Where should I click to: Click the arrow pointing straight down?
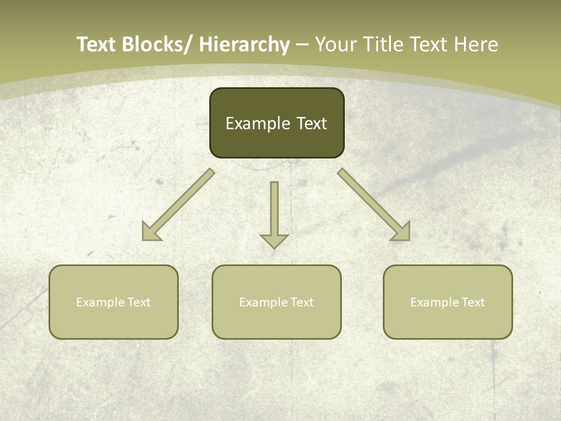[274, 213]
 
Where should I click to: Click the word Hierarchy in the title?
[244, 44]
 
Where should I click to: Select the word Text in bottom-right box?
[473, 302]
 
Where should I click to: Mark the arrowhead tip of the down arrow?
[274, 248]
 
